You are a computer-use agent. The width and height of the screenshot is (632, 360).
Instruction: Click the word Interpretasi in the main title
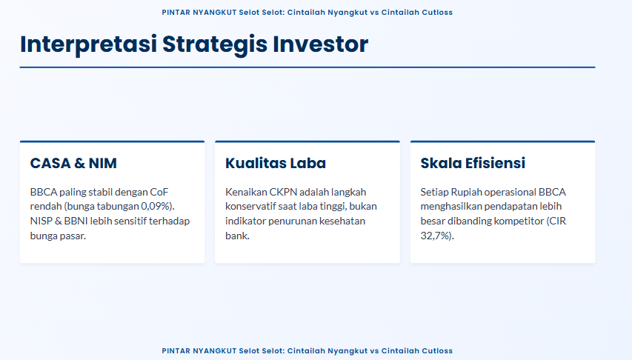(x=88, y=44)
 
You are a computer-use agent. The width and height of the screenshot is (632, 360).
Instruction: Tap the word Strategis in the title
(x=215, y=44)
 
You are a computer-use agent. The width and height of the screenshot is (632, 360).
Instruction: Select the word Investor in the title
(x=320, y=44)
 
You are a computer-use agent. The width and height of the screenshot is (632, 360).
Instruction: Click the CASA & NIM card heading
(x=73, y=163)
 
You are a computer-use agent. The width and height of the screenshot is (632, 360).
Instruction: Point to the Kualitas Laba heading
(x=276, y=163)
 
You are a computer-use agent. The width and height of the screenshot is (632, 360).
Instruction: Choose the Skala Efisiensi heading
(x=473, y=163)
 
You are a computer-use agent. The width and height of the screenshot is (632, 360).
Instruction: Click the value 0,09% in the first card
(x=156, y=207)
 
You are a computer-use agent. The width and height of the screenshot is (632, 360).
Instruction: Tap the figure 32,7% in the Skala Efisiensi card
(x=436, y=236)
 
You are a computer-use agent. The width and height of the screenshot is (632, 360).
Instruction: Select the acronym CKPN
(x=283, y=192)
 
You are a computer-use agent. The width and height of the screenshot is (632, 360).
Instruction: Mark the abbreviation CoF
(x=159, y=192)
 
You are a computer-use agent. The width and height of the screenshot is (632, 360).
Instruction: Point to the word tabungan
(x=119, y=207)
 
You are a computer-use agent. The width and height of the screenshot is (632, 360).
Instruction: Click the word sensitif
(x=130, y=221)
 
